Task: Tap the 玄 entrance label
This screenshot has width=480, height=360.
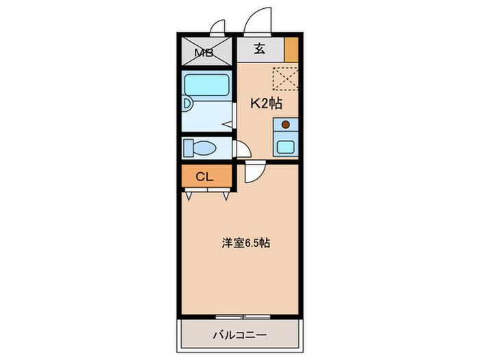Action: click(x=260, y=49)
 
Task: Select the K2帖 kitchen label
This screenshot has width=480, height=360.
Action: click(x=265, y=104)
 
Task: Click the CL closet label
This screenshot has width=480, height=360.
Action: click(x=205, y=177)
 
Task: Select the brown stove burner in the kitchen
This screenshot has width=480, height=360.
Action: click(x=286, y=125)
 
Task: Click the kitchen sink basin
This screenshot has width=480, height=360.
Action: click(x=285, y=144)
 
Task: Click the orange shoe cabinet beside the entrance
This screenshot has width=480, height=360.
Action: click(x=291, y=49)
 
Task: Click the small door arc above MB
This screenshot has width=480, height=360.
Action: click(x=218, y=27)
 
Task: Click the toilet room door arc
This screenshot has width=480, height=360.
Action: click(x=240, y=149)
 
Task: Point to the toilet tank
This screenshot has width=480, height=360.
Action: click(x=189, y=147)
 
